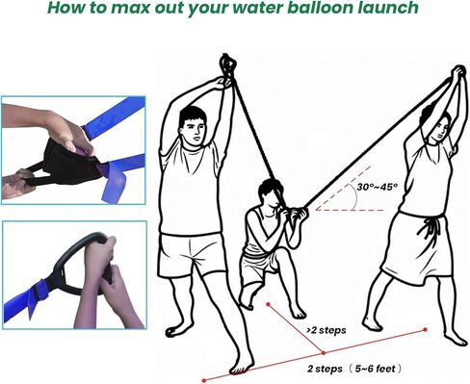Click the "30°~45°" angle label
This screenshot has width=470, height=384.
tap(377, 187)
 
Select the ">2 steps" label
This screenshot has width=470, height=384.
tap(326, 330)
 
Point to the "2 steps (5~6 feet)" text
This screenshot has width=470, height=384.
tap(354, 369)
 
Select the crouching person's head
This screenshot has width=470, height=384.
tap(271, 193)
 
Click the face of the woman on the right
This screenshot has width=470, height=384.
tap(438, 128)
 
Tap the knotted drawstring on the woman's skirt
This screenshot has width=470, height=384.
tap(430, 229)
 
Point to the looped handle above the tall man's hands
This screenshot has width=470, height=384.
tap(227, 65)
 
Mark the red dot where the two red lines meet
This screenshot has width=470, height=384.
tap(324, 353)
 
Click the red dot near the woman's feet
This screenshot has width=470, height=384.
tap(425, 329)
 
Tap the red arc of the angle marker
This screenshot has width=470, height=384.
tap(355, 197)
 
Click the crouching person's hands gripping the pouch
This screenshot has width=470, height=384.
tap(296, 215)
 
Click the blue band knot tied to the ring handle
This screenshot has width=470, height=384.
tap(38, 291)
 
